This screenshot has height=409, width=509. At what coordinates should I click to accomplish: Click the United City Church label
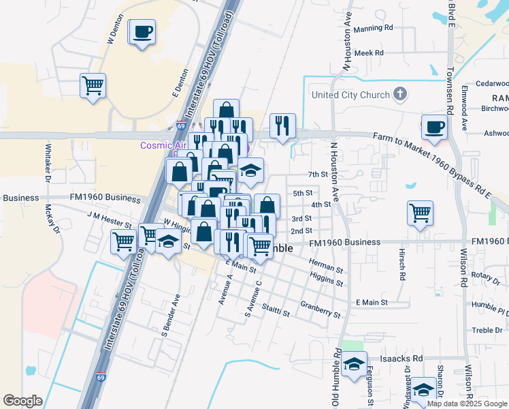[x=350, y=95]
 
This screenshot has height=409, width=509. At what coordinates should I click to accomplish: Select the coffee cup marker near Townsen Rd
[x=436, y=126]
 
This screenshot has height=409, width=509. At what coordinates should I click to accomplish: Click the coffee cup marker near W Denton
[x=142, y=31]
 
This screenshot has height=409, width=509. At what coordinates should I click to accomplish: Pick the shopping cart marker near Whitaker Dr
[x=93, y=86]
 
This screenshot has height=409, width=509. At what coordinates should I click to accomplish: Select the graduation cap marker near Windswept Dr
[x=423, y=390]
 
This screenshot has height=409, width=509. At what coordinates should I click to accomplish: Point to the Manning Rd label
[x=374, y=28]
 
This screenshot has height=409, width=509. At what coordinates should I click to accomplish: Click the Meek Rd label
[x=370, y=52]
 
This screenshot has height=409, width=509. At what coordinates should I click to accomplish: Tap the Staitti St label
[x=276, y=312]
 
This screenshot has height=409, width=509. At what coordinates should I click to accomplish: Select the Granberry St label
[x=320, y=309]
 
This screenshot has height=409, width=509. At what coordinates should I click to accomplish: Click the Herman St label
[x=321, y=265]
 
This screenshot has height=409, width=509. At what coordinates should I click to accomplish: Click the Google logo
[x=23, y=401]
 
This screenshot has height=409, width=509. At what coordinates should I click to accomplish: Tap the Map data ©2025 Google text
[x=467, y=404]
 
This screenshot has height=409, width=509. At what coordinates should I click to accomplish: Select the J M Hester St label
[x=109, y=218]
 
